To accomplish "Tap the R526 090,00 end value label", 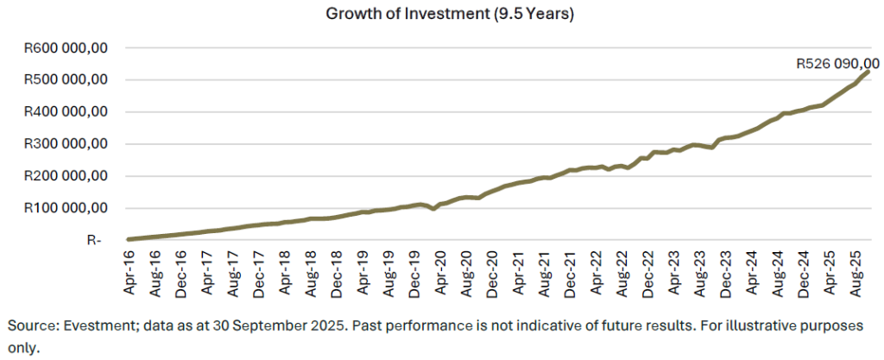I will tap(837, 64).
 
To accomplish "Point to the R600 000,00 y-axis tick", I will tap(66, 48).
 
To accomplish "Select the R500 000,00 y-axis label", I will tap(66, 80).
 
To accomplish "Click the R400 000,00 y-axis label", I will tap(66, 112).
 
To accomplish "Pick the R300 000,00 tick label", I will tap(66, 144).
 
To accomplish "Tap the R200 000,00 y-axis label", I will tap(66, 176).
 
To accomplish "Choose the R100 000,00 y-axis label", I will tap(66, 208).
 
